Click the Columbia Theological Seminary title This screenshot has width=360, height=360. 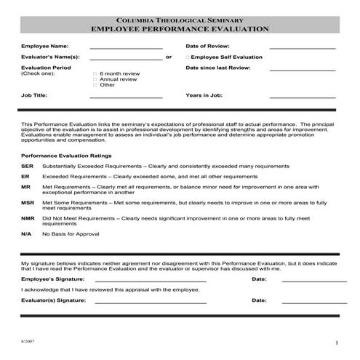coord(180,20)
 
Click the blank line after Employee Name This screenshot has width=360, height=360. coord(126,47)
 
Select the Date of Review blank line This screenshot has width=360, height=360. coord(303,47)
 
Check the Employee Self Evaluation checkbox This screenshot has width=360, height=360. coord(187,57)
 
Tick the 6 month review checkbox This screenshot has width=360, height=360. coord(95,74)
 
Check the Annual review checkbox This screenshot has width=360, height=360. coord(95,79)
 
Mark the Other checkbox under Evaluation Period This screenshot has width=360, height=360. coord(95,84)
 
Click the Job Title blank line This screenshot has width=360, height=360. coord(126,97)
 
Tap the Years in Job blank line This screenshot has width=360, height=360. coord(303,97)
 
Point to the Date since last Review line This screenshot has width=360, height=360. coord(303,70)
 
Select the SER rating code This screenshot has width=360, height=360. coord(27,166)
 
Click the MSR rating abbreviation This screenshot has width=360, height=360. coord(28,202)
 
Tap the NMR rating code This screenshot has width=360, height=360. coord(28,218)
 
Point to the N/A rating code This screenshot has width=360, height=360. coord(26,234)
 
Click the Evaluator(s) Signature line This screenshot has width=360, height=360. coord(151,301)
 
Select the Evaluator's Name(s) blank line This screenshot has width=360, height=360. coord(126,58)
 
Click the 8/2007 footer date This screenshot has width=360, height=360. coord(28,340)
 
